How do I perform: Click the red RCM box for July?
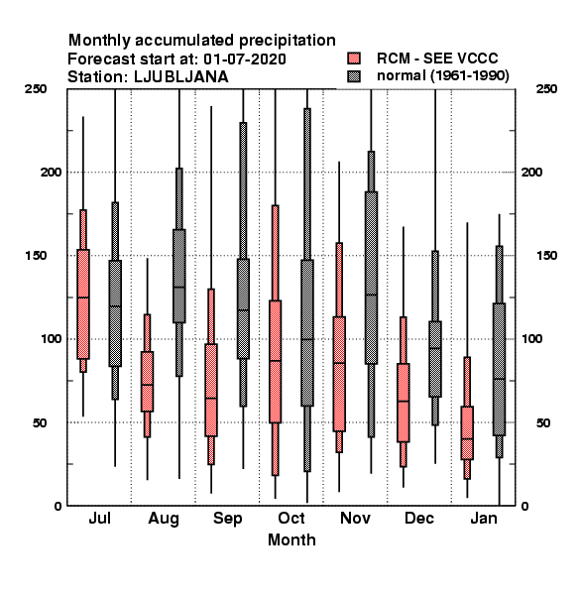click(x=83, y=304)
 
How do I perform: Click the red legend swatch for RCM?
click(x=354, y=59)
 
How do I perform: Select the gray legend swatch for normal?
click(x=354, y=76)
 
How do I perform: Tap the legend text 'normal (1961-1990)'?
click(x=442, y=76)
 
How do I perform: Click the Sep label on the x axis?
click(x=228, y=519)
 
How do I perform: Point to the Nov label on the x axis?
click(x=355, y=518)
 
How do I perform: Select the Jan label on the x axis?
click(x=484, y=518)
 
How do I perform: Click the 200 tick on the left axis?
click(x=51, y=172)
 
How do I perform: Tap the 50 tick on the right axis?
click(x=543, y=422)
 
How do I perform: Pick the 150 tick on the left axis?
click(x=36, y=256)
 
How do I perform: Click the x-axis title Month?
click(x=291, y=539)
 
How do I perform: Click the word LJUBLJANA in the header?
click(x=181, y=77)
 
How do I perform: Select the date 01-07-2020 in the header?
click(x=245, y=59)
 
